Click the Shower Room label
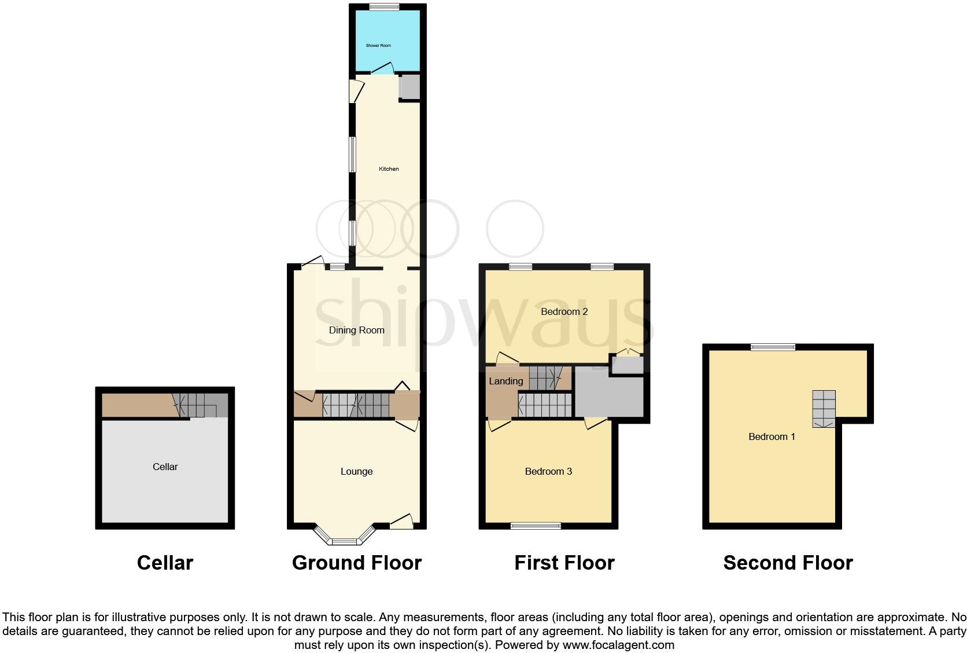click(378, 45)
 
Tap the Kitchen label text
click(389, 169)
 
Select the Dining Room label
click(356, 330)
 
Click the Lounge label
click(356, 471)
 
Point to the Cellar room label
click(165, 467)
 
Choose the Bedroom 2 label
click(564, 311)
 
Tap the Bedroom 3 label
click(548, 471)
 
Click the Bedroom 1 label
click(772, 436)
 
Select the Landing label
click(505, 381)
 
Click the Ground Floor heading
click(356, 563)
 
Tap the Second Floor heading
click(788, 563)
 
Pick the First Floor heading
click(564, 563)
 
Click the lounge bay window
click(345, 541)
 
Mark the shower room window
click(384, 7)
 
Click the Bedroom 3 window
click(536, 526)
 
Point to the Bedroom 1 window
click(773, 347)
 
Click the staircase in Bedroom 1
click(824, 409)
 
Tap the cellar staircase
click(197, 405)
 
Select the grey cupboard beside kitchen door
click(409, 87)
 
